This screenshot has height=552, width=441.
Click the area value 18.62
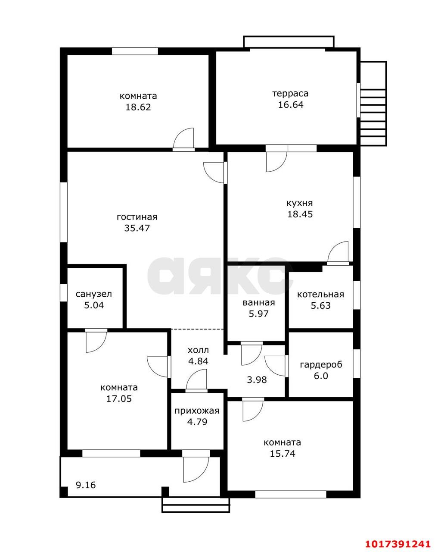pyautogui.click(x=138, y=107)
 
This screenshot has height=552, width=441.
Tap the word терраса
pyautogui.click(x=290, y=94)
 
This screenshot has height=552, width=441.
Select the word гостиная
pyautogui.click(x=137, y=217)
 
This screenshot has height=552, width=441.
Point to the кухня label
pyautogui.click(x=300, y=203)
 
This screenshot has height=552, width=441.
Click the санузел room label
pyautogui.click(x=93, y=294)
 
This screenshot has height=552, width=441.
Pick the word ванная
pyautogui.click(x=258, y=303)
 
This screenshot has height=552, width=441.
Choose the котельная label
pyautogui.click(x=320, y=295)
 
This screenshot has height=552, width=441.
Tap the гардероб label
pyautogui.click(x=321, y=364)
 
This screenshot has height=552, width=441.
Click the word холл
pyautogui.click(x=198, y=350)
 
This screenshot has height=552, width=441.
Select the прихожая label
pyautogui.click(x=197, y=411)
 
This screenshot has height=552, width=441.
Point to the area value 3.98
pyautogui.click(x=257, y=379)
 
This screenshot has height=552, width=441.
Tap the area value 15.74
pyautogui.click(x=283, y=454)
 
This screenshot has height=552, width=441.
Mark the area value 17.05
pyautogui.click(x=119, y=398)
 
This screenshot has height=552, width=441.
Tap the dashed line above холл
pyautogui.click(x=197, y=329)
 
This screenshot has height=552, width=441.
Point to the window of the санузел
pyautogui.click(x=64, y=293)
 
